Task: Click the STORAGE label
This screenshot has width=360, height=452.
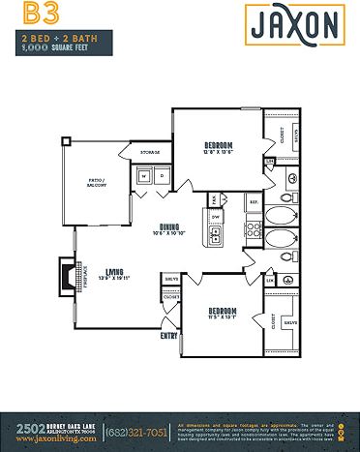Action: pos(149,153)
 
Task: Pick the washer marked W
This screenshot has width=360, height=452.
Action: pos(143,176)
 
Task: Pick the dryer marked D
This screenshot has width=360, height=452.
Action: pos(161,176)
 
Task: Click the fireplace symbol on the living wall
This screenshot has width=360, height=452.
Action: pos(67,276)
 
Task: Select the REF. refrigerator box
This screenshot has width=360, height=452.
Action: pos(254,201)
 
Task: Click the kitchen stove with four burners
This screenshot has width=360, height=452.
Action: pos(254,230)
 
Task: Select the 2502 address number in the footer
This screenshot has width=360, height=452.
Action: pos(24,427)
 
